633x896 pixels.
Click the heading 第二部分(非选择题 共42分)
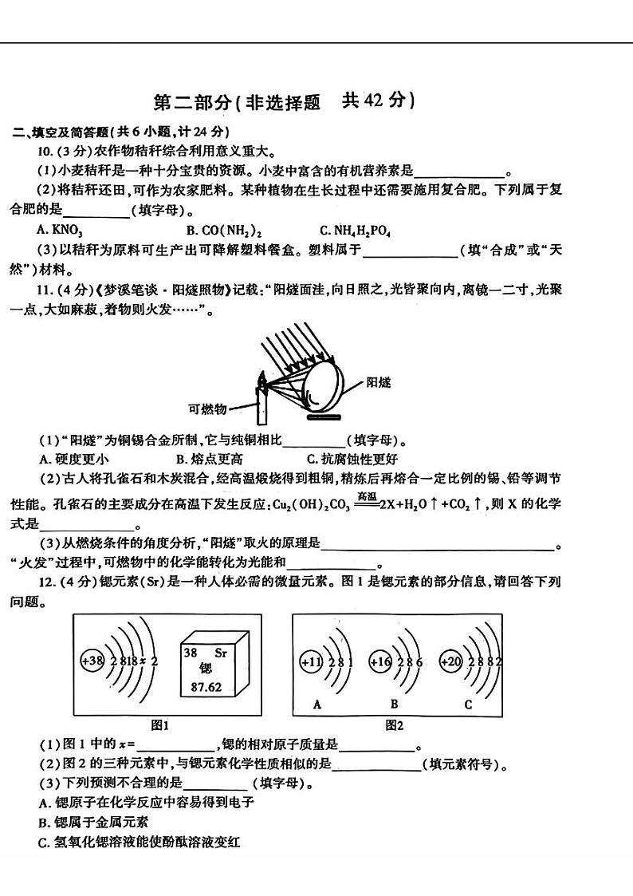click(x=284, y=101)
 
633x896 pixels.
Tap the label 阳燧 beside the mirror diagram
click(x=378, y=383)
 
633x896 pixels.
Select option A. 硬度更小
click(x=74, y=459)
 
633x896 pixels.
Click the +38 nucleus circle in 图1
click(x=92, y=661)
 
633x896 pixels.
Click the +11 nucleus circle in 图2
click(x=310, y=661)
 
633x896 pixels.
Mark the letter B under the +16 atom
click(x=394, y=704)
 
